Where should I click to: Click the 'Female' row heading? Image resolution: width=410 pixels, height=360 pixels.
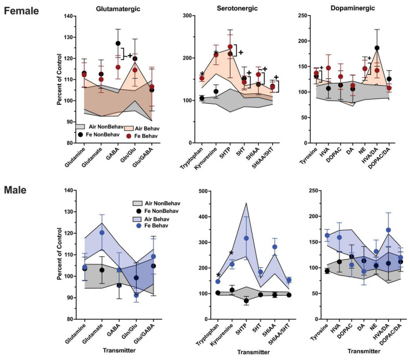point(21,10)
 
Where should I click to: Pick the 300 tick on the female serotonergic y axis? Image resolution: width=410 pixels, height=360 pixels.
point(189,16)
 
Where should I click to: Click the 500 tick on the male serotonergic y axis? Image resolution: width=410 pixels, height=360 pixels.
point(189,190)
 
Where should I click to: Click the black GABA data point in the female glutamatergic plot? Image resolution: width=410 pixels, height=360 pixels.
point(118,43)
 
